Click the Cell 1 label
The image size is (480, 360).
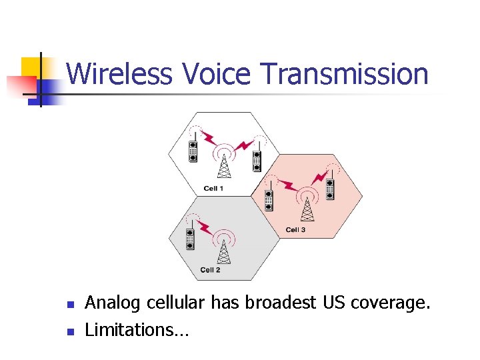point(213,189)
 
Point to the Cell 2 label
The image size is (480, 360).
point(210,270)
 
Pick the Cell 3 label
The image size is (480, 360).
point(295,230)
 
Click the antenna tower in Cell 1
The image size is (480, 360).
point(225,163)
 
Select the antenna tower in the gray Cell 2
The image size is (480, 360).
point(225,248)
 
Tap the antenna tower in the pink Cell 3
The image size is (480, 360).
point(307,207)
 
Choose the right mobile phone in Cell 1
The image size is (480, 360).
point(256,160)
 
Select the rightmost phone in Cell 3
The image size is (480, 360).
point(329,188)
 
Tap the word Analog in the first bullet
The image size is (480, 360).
point(113,303)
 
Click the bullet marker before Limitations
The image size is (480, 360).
point(69,330)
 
